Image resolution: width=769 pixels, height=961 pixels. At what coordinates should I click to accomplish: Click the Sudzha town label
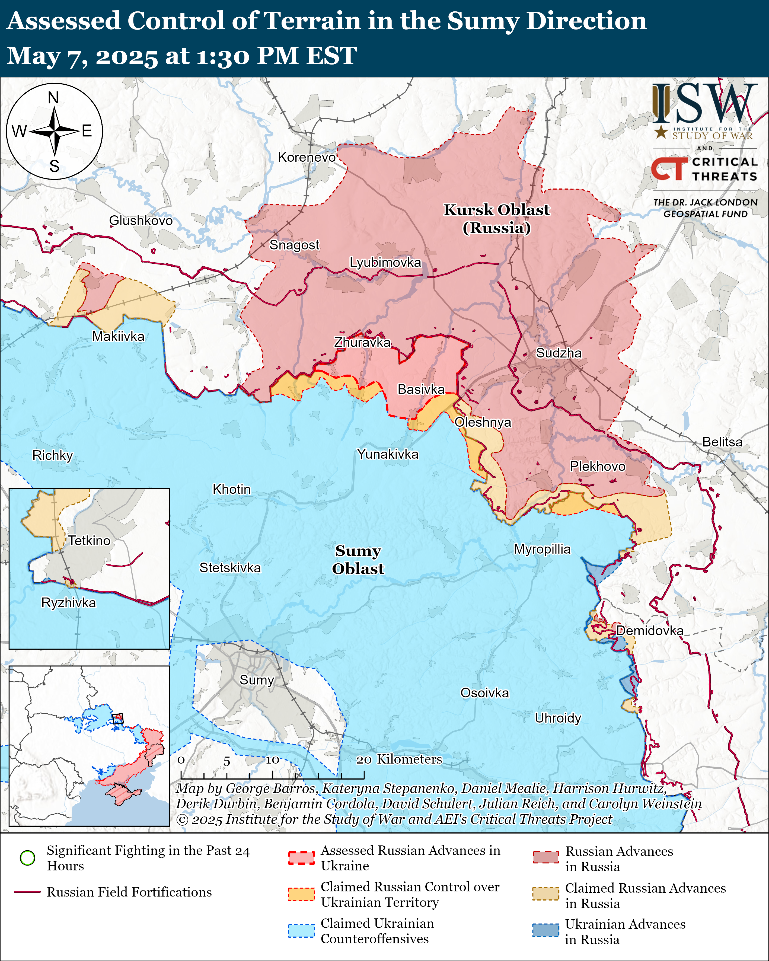558,353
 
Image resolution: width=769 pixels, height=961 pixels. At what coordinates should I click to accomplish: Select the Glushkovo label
141,221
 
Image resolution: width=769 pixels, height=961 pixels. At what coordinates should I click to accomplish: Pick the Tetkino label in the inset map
89,541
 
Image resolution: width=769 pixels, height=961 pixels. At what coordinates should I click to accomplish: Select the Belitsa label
722,442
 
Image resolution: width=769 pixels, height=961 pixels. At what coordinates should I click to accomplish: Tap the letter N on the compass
53,98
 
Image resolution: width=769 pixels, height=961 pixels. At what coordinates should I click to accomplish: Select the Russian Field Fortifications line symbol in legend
28,892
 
